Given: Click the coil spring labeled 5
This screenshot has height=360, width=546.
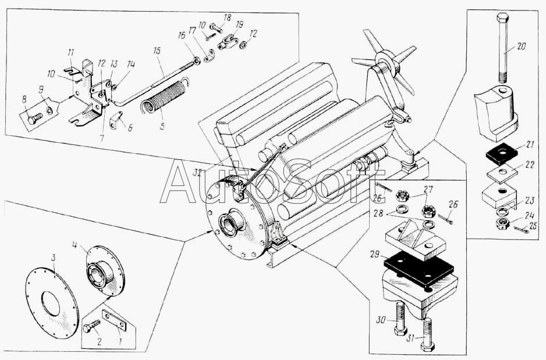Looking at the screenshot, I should point(164,100).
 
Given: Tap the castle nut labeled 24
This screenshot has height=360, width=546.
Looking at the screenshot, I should point(501,223).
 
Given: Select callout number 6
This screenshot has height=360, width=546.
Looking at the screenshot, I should point(130,128).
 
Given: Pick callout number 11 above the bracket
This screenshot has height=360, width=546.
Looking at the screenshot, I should point(71,52).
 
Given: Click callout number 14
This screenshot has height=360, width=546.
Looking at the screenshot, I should point(130,65).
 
